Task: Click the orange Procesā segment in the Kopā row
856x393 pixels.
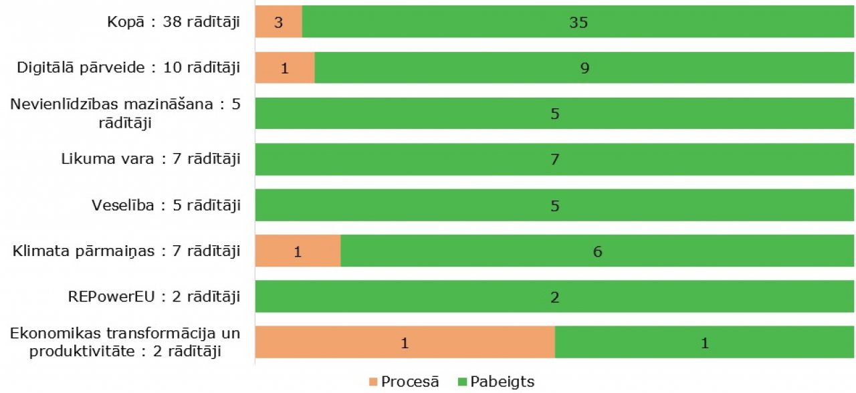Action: coord(279,22)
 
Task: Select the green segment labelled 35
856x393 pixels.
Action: coord(578,22)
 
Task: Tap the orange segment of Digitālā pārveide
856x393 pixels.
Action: coord(285,68)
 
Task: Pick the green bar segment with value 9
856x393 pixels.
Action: coord(584,68)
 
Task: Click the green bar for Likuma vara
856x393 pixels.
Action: coord(554,159)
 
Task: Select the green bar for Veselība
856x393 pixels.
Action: coord(554,205)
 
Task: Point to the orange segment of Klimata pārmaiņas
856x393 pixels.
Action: coord(298,251)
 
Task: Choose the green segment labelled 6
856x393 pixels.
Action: coord(597,251)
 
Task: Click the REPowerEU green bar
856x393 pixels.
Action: coord(554,297)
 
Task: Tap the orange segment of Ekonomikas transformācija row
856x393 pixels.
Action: coord(405,343)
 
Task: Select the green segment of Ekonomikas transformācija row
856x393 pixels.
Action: coord(704,343)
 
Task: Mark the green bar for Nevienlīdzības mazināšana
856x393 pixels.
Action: coord(554,114)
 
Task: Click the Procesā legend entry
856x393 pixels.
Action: coord(404,382)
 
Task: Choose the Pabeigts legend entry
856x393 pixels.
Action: coord(495,382)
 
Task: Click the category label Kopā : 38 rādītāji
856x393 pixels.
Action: coord(174,22)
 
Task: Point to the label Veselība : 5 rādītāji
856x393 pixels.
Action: coord(166,205)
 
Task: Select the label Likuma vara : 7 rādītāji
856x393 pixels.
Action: coord(150,159)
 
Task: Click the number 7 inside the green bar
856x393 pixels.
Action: coord(554,160)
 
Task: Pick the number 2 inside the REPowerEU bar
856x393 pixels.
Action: coord(554,297)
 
